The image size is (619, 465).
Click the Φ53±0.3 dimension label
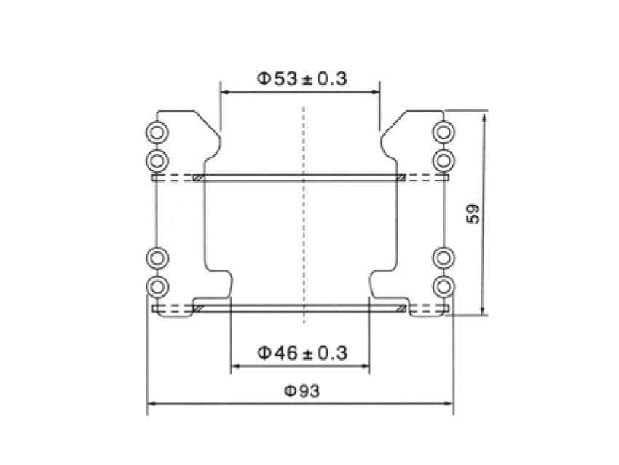coord(301,78)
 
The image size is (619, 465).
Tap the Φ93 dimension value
coord(301,391)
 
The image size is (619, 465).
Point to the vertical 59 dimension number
coord(473,213)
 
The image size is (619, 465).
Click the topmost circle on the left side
coord(157,132)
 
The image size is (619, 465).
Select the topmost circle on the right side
coord(443,132)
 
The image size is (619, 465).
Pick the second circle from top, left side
coord(157,159)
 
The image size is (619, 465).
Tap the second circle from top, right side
coord(443,159)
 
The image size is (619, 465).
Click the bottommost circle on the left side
coord(157,284)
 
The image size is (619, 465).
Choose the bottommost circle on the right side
coord(443,284)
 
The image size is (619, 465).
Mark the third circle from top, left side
coord(157,257)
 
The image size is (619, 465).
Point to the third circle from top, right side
coord(443,257)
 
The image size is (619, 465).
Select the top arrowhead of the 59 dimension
coord(484,114)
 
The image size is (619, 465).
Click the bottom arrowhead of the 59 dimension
coord(484,311)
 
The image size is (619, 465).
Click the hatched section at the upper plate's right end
coord(401,178)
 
